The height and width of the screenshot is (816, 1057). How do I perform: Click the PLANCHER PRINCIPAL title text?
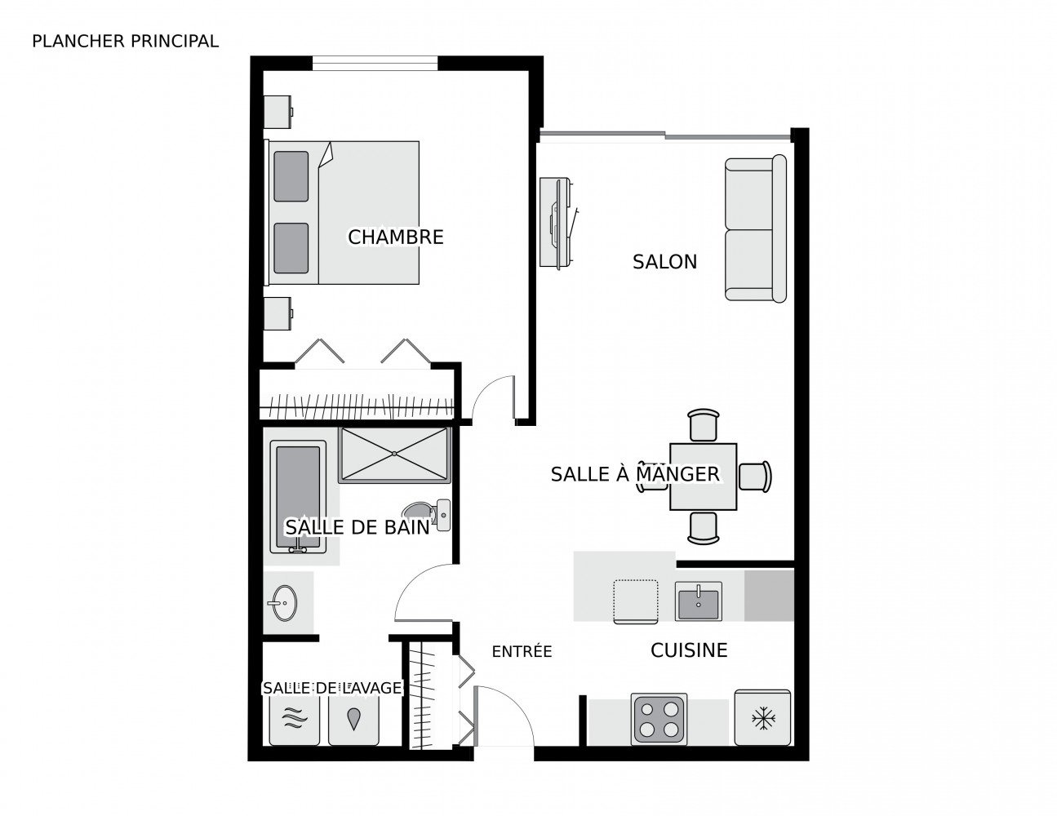[x=125, y=42]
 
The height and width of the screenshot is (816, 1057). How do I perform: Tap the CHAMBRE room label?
[x=395, y=237]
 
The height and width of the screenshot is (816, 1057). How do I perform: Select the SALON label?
[x=664, y=262]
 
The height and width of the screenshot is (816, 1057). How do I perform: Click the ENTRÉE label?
[x=522, y=650]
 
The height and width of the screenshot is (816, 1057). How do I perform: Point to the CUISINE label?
[x=689, y=650]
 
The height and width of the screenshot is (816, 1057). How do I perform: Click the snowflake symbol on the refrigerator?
[x=763, y=719]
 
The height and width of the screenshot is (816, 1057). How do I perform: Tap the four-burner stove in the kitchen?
[x=659, y=719]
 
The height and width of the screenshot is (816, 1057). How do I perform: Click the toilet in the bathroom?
[x=427, y=515]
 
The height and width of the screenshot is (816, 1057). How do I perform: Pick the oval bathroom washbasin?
[x=284, y=603]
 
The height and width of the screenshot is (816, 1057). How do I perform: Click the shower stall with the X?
[x=394, y=455]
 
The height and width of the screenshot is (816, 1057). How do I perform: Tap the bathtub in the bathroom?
[x=298, y=496]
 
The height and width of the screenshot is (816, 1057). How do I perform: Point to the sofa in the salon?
[x=755, y=228]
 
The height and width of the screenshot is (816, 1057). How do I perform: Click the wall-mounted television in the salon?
[x=558, y=222]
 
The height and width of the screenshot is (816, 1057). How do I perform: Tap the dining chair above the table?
[x=703, y=424]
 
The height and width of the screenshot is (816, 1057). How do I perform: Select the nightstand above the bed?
[x=278, y=111]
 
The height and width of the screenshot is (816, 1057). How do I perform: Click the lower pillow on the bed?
[x=291, y=248]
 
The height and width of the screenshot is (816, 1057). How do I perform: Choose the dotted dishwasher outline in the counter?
[x=635, y=601]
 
